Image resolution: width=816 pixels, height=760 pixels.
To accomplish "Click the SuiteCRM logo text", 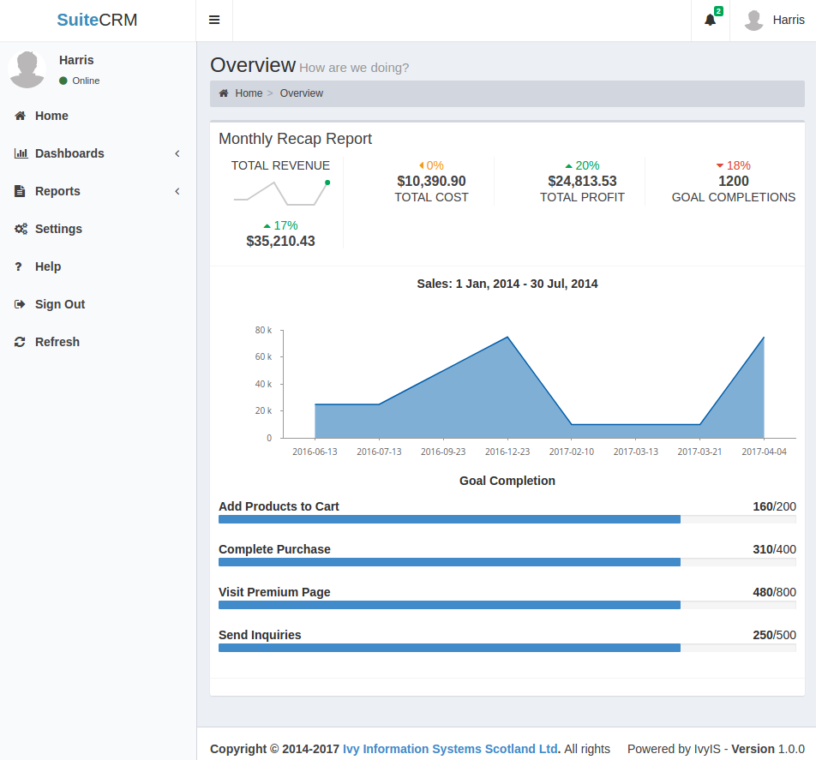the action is pos(97,20).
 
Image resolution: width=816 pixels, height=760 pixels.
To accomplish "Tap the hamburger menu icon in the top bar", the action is pos(214,20).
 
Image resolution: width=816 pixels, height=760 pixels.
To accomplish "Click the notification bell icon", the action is pos(710,20).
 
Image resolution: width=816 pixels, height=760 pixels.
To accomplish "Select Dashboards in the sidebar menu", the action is pos(69,153).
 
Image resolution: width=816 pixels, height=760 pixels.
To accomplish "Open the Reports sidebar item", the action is pos(57,191).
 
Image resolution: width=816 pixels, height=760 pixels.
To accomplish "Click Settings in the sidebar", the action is pos(58,229).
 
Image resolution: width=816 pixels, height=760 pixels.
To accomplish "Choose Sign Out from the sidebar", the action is pos(60,304).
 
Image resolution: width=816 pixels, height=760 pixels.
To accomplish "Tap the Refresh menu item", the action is pos(57,342).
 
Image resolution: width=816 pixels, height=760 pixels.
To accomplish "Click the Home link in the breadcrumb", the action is pos(249,93).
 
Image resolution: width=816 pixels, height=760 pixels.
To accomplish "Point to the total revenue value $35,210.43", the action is pos(280,241).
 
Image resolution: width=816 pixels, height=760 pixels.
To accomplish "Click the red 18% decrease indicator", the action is pos(733,165).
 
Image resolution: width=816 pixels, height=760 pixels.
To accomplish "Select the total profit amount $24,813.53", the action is pos(582,181).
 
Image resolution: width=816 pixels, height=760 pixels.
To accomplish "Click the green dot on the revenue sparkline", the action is pos(327,183).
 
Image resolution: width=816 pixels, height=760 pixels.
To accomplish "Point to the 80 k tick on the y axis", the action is pos(263,330).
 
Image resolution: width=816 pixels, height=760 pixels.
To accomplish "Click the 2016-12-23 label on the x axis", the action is pos(507,452).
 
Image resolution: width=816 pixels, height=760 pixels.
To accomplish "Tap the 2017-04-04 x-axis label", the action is pos(764,452).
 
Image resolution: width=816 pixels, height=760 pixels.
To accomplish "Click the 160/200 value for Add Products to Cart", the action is pos(774,506).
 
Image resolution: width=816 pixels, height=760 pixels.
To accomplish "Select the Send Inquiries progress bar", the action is pos(507,648).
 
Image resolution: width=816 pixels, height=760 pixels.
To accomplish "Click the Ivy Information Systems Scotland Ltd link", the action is pos(451,749).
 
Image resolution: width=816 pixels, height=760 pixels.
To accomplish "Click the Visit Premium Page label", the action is pos(274,592).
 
